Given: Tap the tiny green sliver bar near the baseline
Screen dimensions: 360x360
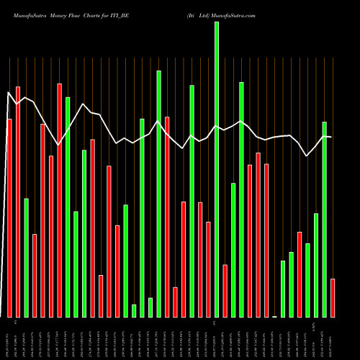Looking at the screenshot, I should pyautogui.click(x=274, y=316).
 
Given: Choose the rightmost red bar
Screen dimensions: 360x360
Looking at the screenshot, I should pyautogui.click(x=333, y=297).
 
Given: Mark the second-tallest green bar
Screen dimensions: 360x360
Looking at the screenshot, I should pyautogui.click(x=158, y=194).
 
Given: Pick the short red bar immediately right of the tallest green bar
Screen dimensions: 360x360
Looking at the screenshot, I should pyautogui.click(x=225, y=291).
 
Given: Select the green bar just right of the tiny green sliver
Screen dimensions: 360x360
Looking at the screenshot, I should pyautogui.click(x=283, y=289).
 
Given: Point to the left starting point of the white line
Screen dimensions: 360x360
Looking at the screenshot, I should pyautogui.click(x=9, y=92).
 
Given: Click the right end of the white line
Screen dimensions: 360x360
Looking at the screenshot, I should pyautogui.click(x=330, y=137).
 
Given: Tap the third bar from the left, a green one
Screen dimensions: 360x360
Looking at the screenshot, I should pyautogui.click(x=26, y=257).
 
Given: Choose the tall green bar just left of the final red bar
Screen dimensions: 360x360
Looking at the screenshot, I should pyautogui.click(x=325, y=219).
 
